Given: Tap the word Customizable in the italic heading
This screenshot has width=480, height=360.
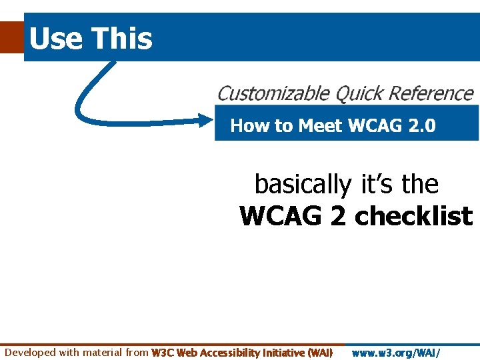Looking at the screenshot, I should [x=273, y=94].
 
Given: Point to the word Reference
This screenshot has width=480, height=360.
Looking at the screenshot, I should [x=429, y=94].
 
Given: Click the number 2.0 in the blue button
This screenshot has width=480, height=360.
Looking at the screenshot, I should [x=421, y=126].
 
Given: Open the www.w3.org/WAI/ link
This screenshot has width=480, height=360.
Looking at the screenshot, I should [x=396, y=352].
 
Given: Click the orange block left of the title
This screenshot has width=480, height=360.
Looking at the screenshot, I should [x=11, y=37].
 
